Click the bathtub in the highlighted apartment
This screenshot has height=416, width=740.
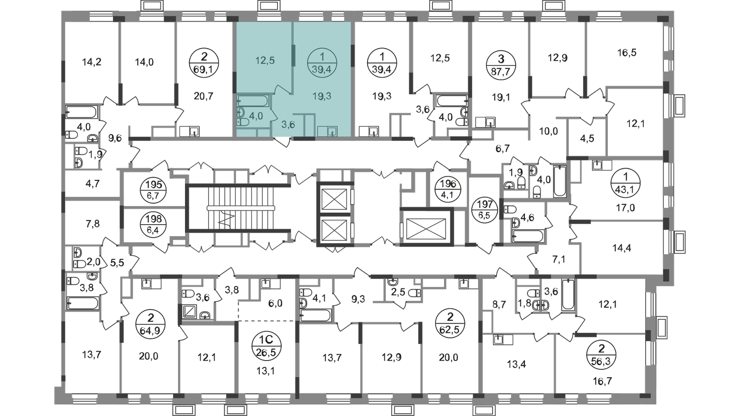pyautogui.click(x=252, y=100)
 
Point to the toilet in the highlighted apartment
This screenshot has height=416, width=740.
pyautogui.click(x=241, y=122)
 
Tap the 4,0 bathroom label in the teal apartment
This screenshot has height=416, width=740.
pyautogui.click(x=256, y=116)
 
